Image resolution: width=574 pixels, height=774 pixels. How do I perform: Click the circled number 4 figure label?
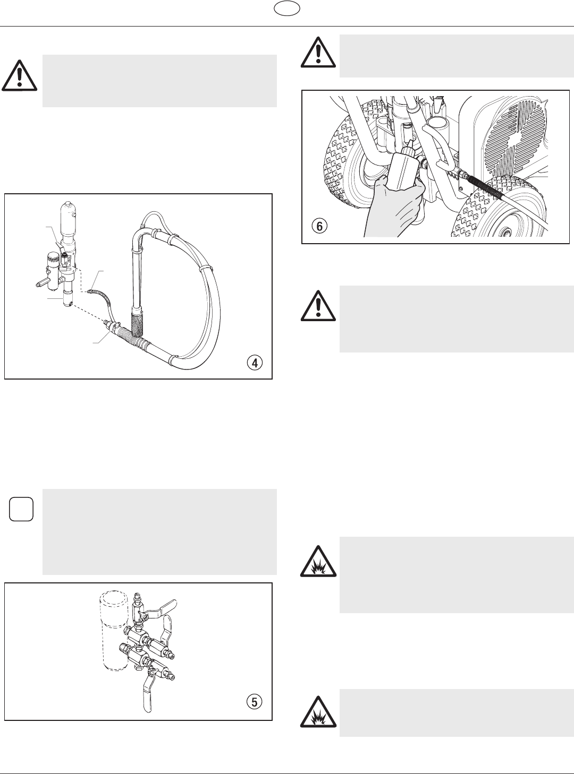coord(256,363)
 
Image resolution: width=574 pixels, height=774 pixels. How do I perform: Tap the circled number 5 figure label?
coord(255,702)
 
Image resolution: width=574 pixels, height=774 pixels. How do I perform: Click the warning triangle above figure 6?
coord(318,53)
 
